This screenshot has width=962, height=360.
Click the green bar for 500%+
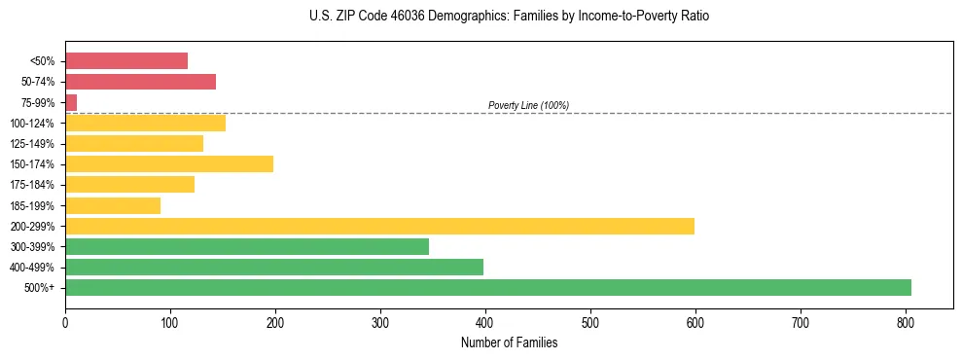(x=487, y=287)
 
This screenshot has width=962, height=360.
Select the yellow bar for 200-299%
(x=379, y=226)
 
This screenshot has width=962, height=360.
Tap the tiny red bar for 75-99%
(x=71, y=102)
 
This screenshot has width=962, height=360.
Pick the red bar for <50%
(x=126, y=61)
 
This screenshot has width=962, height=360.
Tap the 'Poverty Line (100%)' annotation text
(x=528, y=105)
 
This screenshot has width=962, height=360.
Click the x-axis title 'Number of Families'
(x=509, y=342)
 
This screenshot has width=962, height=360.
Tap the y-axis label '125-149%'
(x=32, y=144)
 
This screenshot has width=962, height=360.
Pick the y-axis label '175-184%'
(x=32, y=185)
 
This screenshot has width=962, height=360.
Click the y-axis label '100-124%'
(x=32, y=124)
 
